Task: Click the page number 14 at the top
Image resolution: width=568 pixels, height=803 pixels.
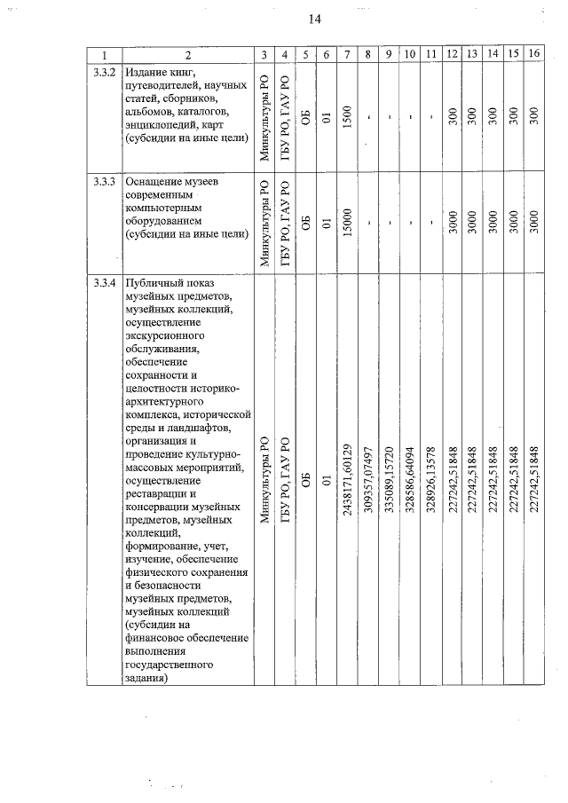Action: click(315, 19)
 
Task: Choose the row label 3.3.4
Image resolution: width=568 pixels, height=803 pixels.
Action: click(106, 284)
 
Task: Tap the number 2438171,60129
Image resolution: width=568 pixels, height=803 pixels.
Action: click(347, 482)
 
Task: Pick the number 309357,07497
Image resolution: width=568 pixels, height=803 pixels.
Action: click(368, 482)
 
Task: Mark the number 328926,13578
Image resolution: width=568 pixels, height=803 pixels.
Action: click(430, 482)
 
